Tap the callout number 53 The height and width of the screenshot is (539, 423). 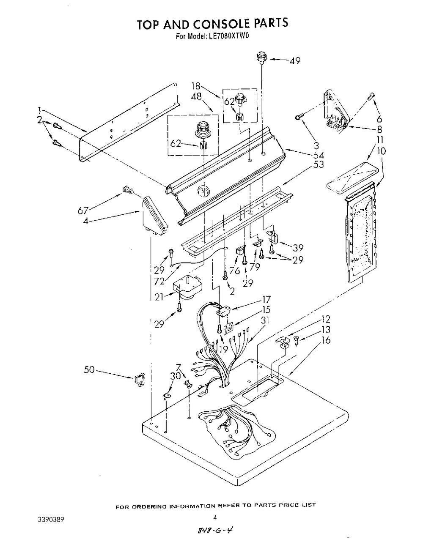[x=319, y=164]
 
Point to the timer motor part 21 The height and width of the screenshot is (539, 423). [x=187, y=287]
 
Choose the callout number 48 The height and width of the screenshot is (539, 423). [x=197, y=96]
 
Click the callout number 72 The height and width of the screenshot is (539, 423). [x=159, y=281]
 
